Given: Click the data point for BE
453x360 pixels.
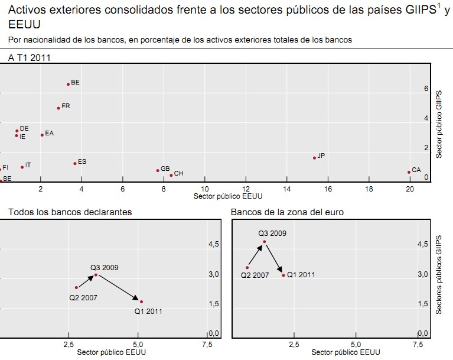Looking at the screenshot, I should pyautogui.click(x=68, y=85).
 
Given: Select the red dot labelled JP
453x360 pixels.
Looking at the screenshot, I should pyautogui.click(x=314, y=158).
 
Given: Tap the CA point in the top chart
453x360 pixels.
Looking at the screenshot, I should pyautogui.click(x=409, y=172).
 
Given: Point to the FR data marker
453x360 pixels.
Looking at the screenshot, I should pyautogui.click(x=58, y=108).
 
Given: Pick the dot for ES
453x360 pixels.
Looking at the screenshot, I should pyautogui.click(x=75, y=163).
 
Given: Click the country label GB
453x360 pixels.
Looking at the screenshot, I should pyautogui.click(x=165, y=169).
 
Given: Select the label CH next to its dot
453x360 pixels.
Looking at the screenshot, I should pyautogui.click(x=178, y=174).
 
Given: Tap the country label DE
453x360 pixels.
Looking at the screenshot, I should pyautogui.click(x=24, y=128).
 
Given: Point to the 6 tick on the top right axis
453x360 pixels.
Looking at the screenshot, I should pyautogui.click(x=425, y=89).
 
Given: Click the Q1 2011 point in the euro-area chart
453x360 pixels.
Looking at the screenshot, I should pyautogui.click(x=283, y=275).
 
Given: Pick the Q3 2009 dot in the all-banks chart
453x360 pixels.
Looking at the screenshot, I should pyautogui.click(x=96, y=275).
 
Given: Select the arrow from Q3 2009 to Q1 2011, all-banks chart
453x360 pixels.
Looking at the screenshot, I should pyautogui.click(x=118, y=288).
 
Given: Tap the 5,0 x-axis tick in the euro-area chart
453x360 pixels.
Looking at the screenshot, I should pyautogui.click(x=356, y=344).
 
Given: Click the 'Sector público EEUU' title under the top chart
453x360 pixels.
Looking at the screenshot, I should pyautogui.click(x=227, y=197).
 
